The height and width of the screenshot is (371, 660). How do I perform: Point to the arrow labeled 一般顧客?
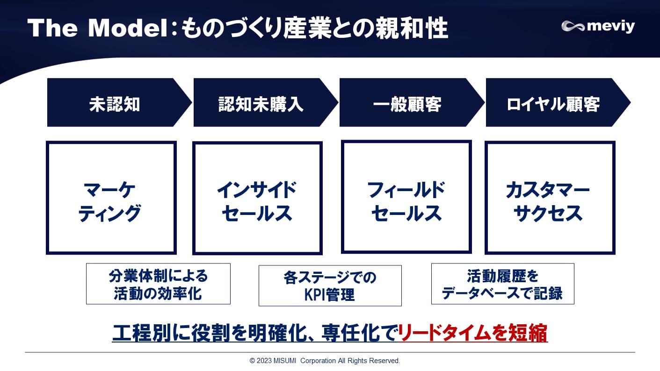pos(407,103)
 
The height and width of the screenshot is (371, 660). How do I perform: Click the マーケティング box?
pos(111,198)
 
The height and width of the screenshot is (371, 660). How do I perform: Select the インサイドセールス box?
pos(257,198)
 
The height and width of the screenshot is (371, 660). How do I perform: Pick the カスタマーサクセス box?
pos(550,198)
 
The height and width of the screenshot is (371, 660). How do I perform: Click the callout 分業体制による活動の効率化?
pos(158,284)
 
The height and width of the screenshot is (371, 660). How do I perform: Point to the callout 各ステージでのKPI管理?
pos(330,285)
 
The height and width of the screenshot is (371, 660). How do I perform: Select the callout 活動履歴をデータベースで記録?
pos(502,284)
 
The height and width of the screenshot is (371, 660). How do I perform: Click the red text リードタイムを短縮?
pos(473,333)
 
